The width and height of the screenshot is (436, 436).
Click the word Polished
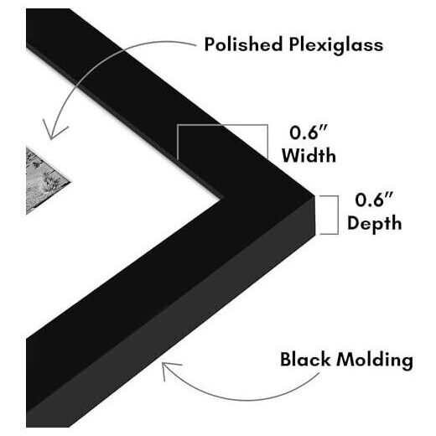pos(243,44)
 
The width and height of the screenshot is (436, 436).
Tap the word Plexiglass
pos(336,45)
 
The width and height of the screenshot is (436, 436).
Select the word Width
pos(309,155)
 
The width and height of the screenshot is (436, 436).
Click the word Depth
pos(375,223)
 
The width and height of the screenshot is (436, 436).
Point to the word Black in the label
pos(305,359)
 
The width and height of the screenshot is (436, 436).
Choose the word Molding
pos(375,361)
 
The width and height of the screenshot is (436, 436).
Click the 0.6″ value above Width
pos(309,132)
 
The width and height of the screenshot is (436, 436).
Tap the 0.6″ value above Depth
pos(374,200)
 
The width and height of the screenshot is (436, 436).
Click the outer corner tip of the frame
pos(314,196)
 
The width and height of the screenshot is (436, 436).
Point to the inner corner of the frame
pos(223,199)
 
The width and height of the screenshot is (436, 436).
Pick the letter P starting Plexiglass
pos(294,44)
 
